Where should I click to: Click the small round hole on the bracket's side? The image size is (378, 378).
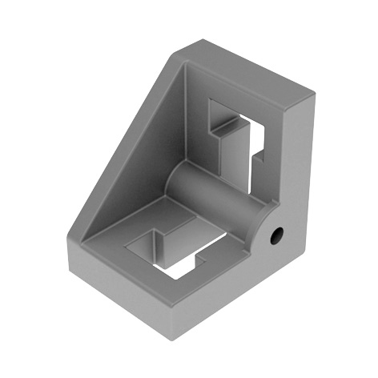(x=277, y=235)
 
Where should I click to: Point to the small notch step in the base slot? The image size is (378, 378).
(x=200, y=258)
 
